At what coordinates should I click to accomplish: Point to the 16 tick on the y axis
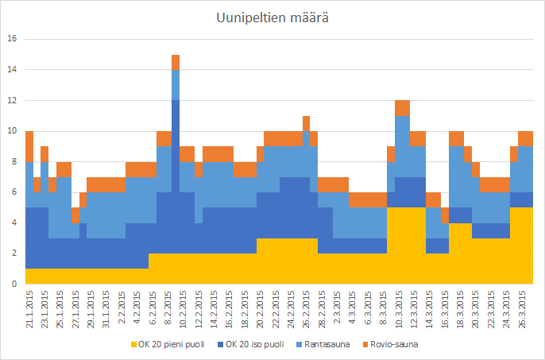click(x=10, y=39)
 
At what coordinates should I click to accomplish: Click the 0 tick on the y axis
click(x=13, y=284)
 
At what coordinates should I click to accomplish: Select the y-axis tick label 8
click(x=13, y=161)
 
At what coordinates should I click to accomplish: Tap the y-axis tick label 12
click(x=10, y=100)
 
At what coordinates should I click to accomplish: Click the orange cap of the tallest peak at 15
click(x=176, y=62)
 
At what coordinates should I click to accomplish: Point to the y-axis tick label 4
click(x=13, y=223)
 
